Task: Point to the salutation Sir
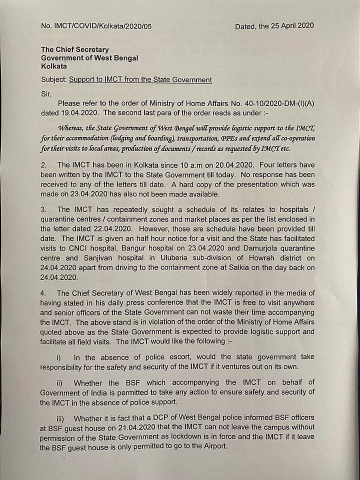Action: coord(45,92)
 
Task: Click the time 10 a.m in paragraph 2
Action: coord(166,164)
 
